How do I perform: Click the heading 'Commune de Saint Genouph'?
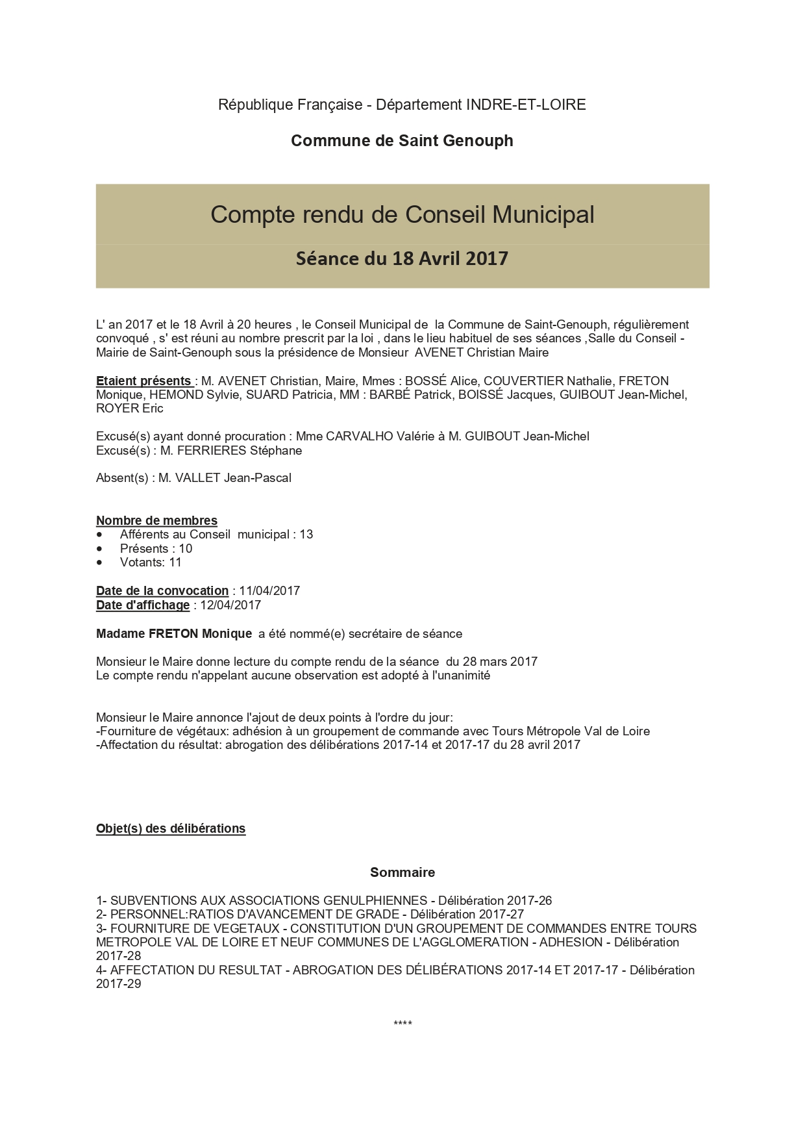pos(402,141)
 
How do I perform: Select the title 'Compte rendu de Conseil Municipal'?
pos(402,214)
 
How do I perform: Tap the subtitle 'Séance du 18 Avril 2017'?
pos(402,259)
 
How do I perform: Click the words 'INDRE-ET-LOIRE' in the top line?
pos(526,105)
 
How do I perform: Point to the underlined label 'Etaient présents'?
pos(143,381)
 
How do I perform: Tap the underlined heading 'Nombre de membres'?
pos(156,520)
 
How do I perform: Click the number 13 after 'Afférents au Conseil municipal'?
pos(306,535)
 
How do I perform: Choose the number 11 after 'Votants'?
pos(175,563)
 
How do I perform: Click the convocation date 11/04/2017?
pos(269,591)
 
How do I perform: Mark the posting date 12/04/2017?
pos(230,605)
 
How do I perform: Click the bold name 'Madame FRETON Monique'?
pos(174,634)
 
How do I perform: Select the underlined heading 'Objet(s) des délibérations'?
pos(171,829)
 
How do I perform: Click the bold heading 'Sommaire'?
pos(402,872)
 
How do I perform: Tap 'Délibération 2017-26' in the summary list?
pos(495,901)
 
